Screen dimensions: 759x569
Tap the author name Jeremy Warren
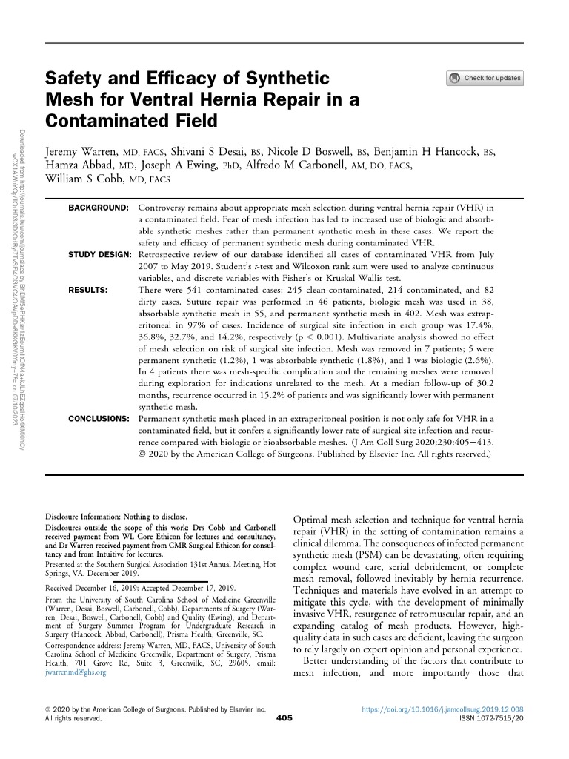point(81,151)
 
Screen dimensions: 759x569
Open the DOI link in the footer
point(443,709)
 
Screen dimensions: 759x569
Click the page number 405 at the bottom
point(284,718)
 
